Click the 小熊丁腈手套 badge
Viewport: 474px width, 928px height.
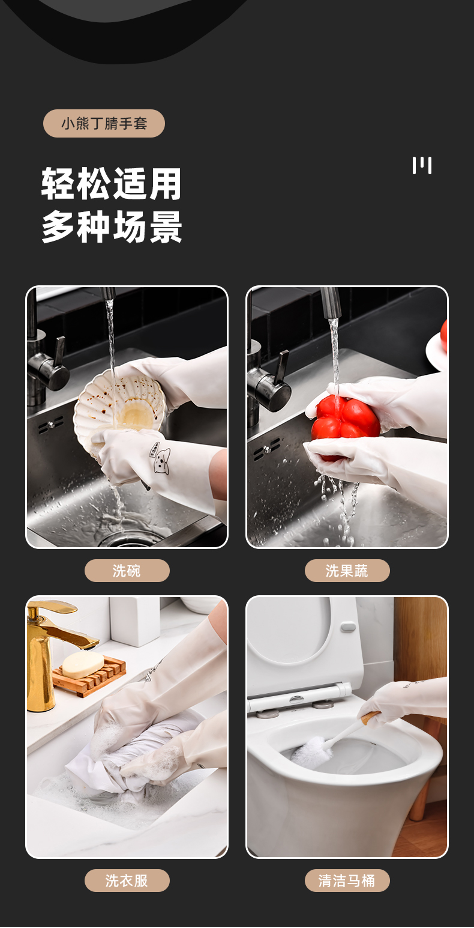(104, 124)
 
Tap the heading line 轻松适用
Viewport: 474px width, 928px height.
(112, 184)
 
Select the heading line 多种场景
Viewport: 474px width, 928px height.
(112, 226)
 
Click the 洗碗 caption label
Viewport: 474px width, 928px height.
(127, 571)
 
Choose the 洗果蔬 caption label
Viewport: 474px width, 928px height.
(347, 571)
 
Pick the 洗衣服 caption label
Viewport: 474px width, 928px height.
(127, 881)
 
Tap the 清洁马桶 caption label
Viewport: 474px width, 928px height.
(347, 881)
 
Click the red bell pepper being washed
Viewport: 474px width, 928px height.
(345, 419)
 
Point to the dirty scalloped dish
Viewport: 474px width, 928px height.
(118, 408)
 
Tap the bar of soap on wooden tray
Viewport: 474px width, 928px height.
(83, 665)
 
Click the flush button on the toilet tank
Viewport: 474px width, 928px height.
(348, 627)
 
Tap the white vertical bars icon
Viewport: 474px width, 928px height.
(422, 165)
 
